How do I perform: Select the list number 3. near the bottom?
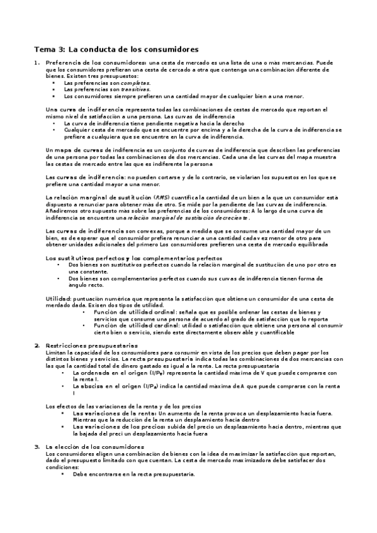tap(37, 447)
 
